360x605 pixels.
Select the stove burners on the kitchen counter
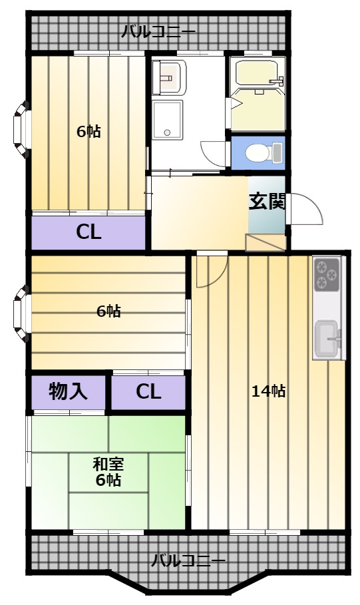[327, 275]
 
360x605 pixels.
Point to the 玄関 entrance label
[268, 201]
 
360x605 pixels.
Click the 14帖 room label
[269, 391]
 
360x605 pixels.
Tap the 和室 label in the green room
[108, 464]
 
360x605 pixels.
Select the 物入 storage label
[68, 391]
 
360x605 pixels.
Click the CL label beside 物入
[148, 391]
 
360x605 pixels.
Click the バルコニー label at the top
[158, 31]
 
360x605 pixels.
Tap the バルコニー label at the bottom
[188, 560]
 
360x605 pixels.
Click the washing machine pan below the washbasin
[167, 120]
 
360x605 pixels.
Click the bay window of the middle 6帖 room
[21, 313]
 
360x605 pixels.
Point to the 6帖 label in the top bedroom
[89, 132]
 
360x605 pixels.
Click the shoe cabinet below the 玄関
[266, 243]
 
